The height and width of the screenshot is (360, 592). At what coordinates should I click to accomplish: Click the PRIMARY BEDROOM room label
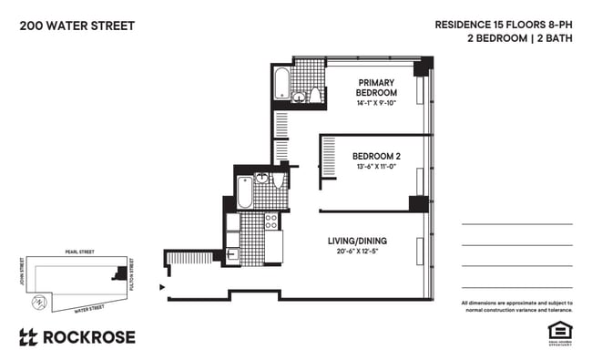(x=376, y=87)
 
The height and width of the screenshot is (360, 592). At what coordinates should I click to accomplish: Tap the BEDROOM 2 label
(x=376, y=155)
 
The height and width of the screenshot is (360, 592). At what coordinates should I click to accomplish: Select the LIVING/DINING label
(x=357, y=241)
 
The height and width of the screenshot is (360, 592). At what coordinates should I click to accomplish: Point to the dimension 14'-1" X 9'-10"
(x=376, y=104)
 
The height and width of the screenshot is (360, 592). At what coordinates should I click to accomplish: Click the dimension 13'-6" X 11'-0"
(x=376, y=167)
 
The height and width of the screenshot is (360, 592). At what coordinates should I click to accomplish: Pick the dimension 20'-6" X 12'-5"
(x=357, y=252)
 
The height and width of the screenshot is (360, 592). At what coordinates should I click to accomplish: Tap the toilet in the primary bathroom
(x=316, y=95)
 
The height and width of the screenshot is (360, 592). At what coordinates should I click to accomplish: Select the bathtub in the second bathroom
(x=245, y=192)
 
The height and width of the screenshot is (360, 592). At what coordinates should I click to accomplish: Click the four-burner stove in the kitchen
(x=270, y=220)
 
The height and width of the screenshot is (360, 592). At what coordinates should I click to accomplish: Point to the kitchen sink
(x=232, y=239)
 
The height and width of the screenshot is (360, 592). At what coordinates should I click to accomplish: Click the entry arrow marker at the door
(x=163, y=287)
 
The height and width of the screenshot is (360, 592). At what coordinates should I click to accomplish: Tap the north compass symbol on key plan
(x=38, y=301)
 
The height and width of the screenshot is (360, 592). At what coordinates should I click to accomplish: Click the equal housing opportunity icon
(x=558, y=332)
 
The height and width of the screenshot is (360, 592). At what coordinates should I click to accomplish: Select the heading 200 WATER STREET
(x=77, y=26)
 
